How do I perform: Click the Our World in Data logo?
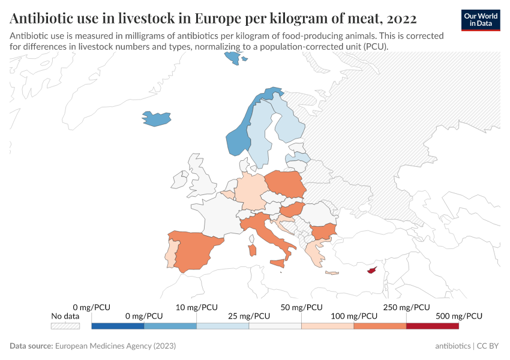[481, 20]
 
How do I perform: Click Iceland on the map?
[156, 118]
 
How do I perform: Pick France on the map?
[216, 213]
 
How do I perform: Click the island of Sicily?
[278, 263]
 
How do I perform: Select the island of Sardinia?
[253, 248]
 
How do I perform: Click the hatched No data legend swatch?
[65, 326]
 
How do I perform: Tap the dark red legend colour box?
[432, 326]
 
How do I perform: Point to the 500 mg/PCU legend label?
[458, 316]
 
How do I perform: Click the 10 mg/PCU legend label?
[197, 307]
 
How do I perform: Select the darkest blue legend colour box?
[118, 326]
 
